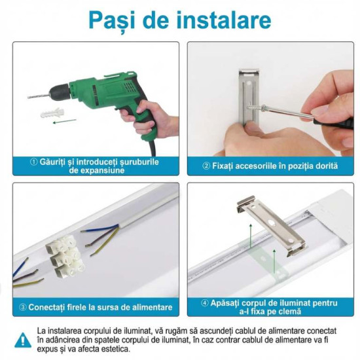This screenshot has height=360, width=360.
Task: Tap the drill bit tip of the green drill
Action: tap(28, 98)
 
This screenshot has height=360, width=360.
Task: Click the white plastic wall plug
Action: tap(52, 113)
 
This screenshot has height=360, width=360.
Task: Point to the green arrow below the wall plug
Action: tap(65, 121)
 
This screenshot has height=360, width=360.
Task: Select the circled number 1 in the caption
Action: tap(33, 162)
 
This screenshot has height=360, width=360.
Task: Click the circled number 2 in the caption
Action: tap(206, 166)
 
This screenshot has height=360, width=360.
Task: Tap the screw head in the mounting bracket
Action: tap(263, 107)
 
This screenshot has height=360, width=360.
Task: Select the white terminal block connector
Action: tap(65, 254)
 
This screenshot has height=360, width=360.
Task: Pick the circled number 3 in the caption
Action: tap(23, 307)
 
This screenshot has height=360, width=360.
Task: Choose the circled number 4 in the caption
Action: tap(205, 303)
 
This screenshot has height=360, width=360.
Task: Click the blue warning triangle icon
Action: tap(23, 340)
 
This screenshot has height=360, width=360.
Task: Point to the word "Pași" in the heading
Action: tap(113, 21)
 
